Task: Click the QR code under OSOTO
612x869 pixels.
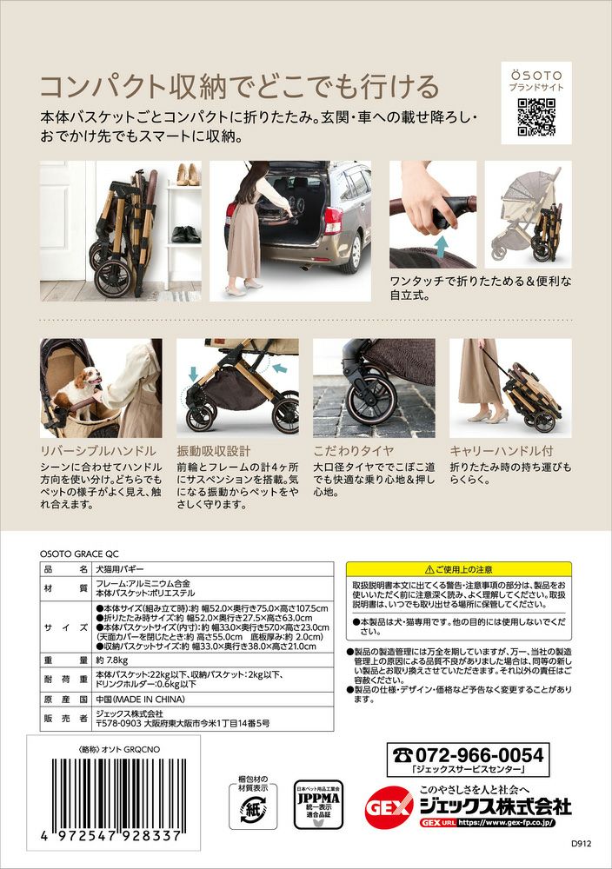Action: pyautogui.click(x=536, y=117)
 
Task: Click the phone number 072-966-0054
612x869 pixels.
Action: pyautogui.click(x=468, y=754)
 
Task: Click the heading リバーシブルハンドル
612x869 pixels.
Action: pyautogui.click(x=98, y=450)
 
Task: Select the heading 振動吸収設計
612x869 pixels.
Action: pyautogui.click(x=214, y=450)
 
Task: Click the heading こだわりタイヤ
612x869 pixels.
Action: pyautogui.click(x=354, y=450)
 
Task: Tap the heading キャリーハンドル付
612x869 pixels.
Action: pyautogui.click(x=501, y=450)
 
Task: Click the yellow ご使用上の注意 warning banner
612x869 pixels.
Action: pyautogui.click(x=458, y=569)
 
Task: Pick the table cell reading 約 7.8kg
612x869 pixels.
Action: pyautogui.click(x=112, y=660)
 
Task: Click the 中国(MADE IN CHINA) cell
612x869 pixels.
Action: pyautogui.click(x=140, y=700)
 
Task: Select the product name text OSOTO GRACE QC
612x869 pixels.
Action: pyautogui.click(x=79, y=554)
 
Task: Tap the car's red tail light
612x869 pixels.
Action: pyautogui.click(x=333, y=221)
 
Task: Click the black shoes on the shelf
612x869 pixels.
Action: pyautogui.click(x=186, y=235)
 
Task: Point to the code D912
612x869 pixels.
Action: pyautogui.click(x=581, y=844)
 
